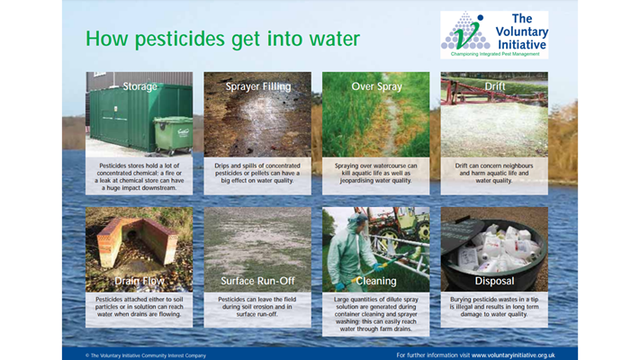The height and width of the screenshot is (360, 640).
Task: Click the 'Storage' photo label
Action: [140, 87]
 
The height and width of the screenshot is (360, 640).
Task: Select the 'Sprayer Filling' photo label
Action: [257, 87]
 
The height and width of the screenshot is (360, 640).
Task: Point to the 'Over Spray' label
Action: [375, 87]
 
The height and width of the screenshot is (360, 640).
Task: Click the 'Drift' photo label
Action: [493, 87]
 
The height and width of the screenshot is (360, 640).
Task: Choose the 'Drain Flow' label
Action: [140, 281]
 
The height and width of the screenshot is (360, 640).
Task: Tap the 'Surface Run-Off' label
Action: [257, 281]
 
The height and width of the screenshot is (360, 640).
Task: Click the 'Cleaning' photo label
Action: [375, 281]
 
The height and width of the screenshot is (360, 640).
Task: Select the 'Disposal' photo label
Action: [493, 281]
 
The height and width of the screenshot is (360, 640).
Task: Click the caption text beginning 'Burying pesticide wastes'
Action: [493, 306]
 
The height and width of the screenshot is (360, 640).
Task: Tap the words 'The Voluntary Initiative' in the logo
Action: [521, 29]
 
